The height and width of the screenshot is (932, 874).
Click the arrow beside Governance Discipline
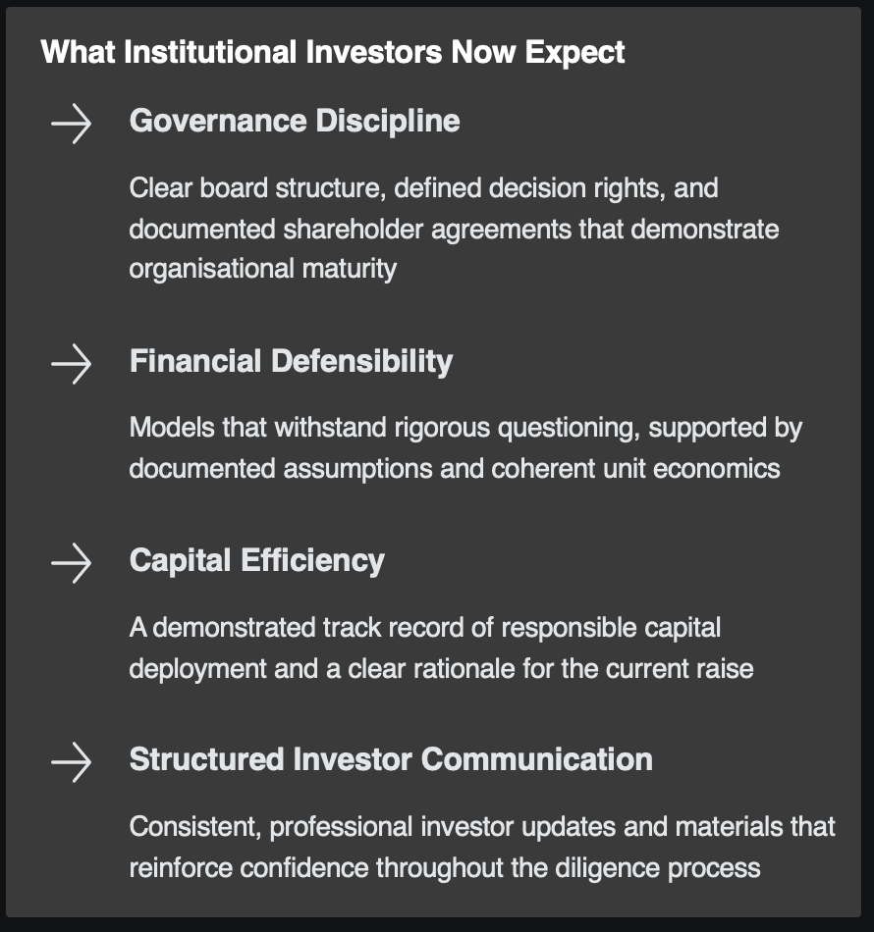pyautogui.click(x=71, y=125)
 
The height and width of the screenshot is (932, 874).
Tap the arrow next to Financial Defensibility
pyautogui.click(x=71, y=364)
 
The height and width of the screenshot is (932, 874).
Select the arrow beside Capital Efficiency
pyautogui.click(x=71, y=564)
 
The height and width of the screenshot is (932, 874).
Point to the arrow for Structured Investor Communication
pyautogui.click(x=71, y=763)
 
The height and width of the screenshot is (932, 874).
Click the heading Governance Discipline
pyautogui.click(x=295, y=122)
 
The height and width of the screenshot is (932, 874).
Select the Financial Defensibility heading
pyautogui.click(x=291, y=361)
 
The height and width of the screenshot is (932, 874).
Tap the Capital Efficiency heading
pyautogui.click(x=257, y=561)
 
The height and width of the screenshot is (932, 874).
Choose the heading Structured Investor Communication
pyautogui.click(x=391, y=760)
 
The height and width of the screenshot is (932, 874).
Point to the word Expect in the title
pyautogui.click(x=574, y=51)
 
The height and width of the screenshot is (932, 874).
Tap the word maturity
pyautogui.click(x=348, y=269)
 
